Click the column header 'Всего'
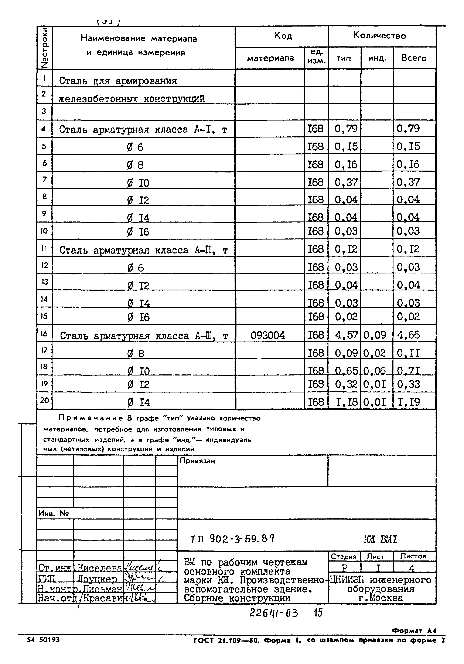[414, 58]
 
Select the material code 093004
[268, 335]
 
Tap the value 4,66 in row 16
[408, 335]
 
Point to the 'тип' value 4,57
[346, 335]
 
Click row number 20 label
[44, 400]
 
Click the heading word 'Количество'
[379, 36]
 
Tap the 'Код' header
[283, 36]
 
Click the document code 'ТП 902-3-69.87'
[232, 538]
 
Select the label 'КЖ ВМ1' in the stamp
[380, 539]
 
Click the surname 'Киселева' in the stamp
[99, 568]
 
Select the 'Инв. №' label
[53, 514]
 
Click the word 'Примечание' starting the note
[91, 418]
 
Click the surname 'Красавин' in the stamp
[103, 598]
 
